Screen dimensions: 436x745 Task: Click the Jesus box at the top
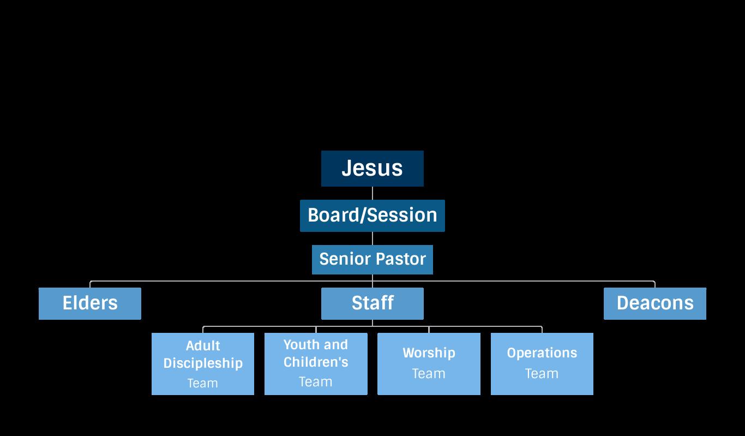click(372, 168)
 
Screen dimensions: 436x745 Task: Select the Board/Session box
click(372, 215)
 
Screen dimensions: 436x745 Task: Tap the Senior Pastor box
click(372, 259)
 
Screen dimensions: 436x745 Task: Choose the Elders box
click(90, 303)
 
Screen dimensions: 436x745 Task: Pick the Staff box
click(372, 303)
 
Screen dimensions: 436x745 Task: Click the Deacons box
click(654, 303)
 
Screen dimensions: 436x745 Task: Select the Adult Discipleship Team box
click(203, 364)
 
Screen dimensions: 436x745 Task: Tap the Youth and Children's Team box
click(315, 364)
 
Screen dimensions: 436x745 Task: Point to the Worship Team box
click(429, 364)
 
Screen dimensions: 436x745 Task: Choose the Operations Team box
click(542, 364)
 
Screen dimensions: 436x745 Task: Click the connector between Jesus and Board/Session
click(372, 193)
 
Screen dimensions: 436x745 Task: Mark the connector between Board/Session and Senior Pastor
click(372, 238)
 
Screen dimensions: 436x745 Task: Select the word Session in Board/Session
click(405, 215)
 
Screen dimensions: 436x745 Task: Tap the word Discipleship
click(203, 363)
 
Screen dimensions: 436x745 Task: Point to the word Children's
click(316, 362)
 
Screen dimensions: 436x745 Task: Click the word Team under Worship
click(429, 374)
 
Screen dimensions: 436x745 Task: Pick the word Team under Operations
click(542, 374)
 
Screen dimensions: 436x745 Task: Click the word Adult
click(203, 346)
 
